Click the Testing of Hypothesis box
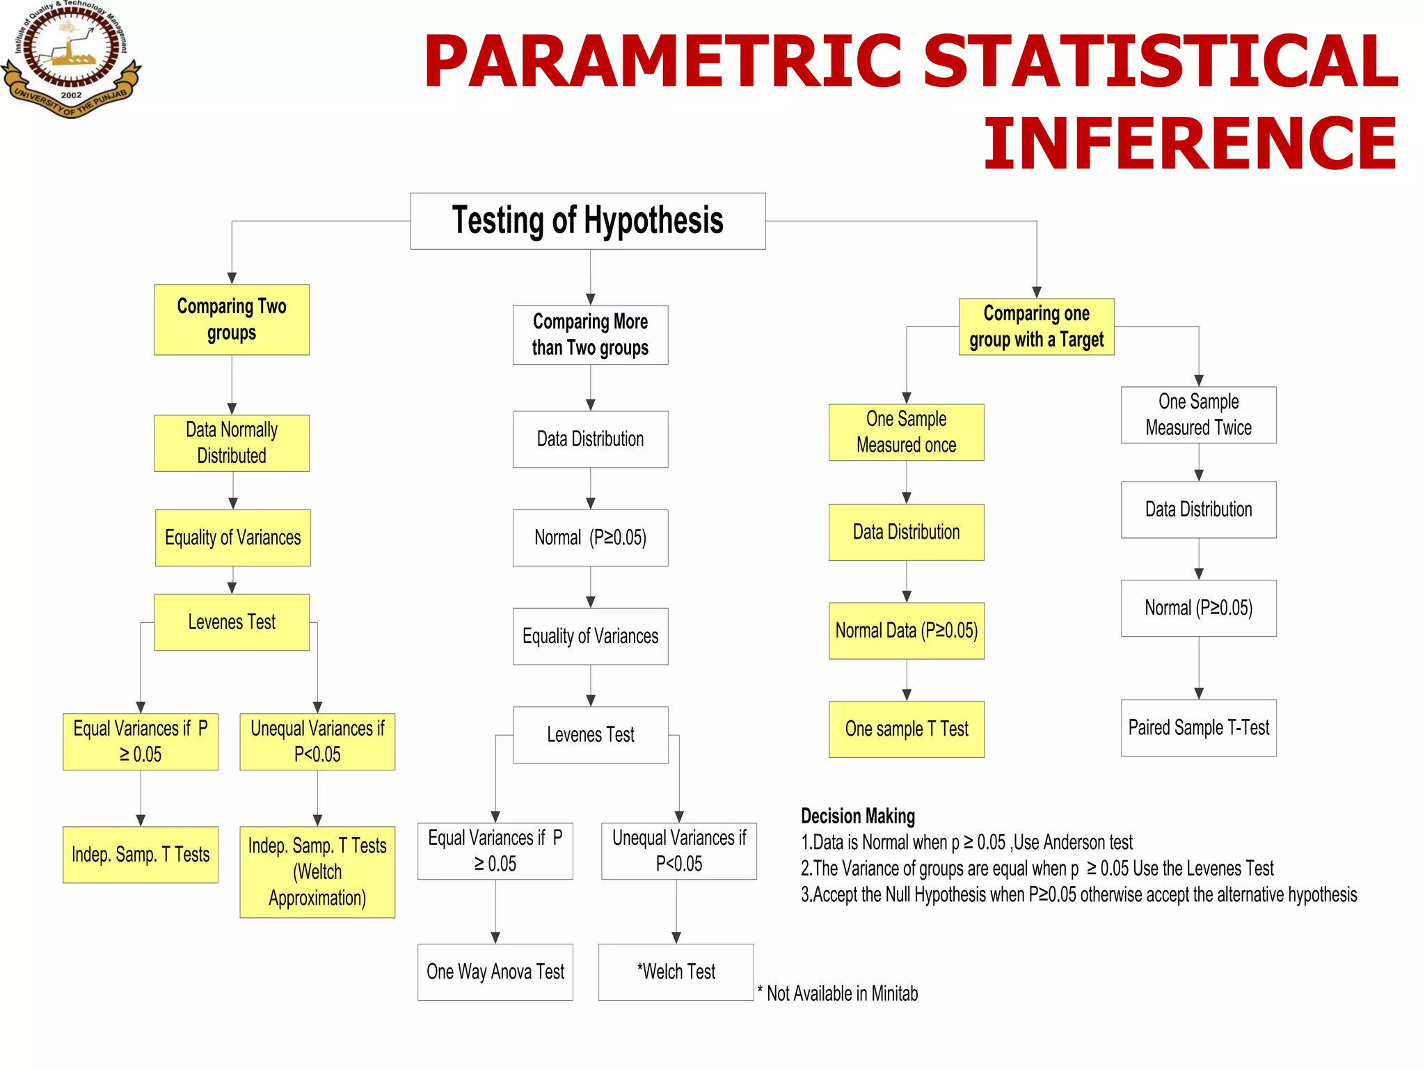(x=587, y=221)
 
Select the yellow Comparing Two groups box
(x=232, y=319)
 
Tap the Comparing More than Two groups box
(x=590, y=335)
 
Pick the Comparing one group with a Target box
(x=1036, y=326)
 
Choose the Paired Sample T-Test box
(x=1198, y=728)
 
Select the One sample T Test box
(x=906, y=729)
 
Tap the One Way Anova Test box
(x=495, y=972)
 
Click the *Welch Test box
(x=676, y=972)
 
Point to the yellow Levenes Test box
(x=232, y=622)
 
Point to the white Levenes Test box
(x=590, y=735)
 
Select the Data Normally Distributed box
(x=232, y=443)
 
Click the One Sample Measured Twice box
(x=1198, y=415)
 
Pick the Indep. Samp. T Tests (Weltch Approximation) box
(x=317, y=871)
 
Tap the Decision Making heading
(x=857, y=816)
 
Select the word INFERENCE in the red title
(x=1189, y=144)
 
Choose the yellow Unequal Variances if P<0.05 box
(x=317, y=741)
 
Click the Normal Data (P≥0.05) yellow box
(x=906, y=631)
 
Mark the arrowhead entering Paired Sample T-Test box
(x=1198, y=693)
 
